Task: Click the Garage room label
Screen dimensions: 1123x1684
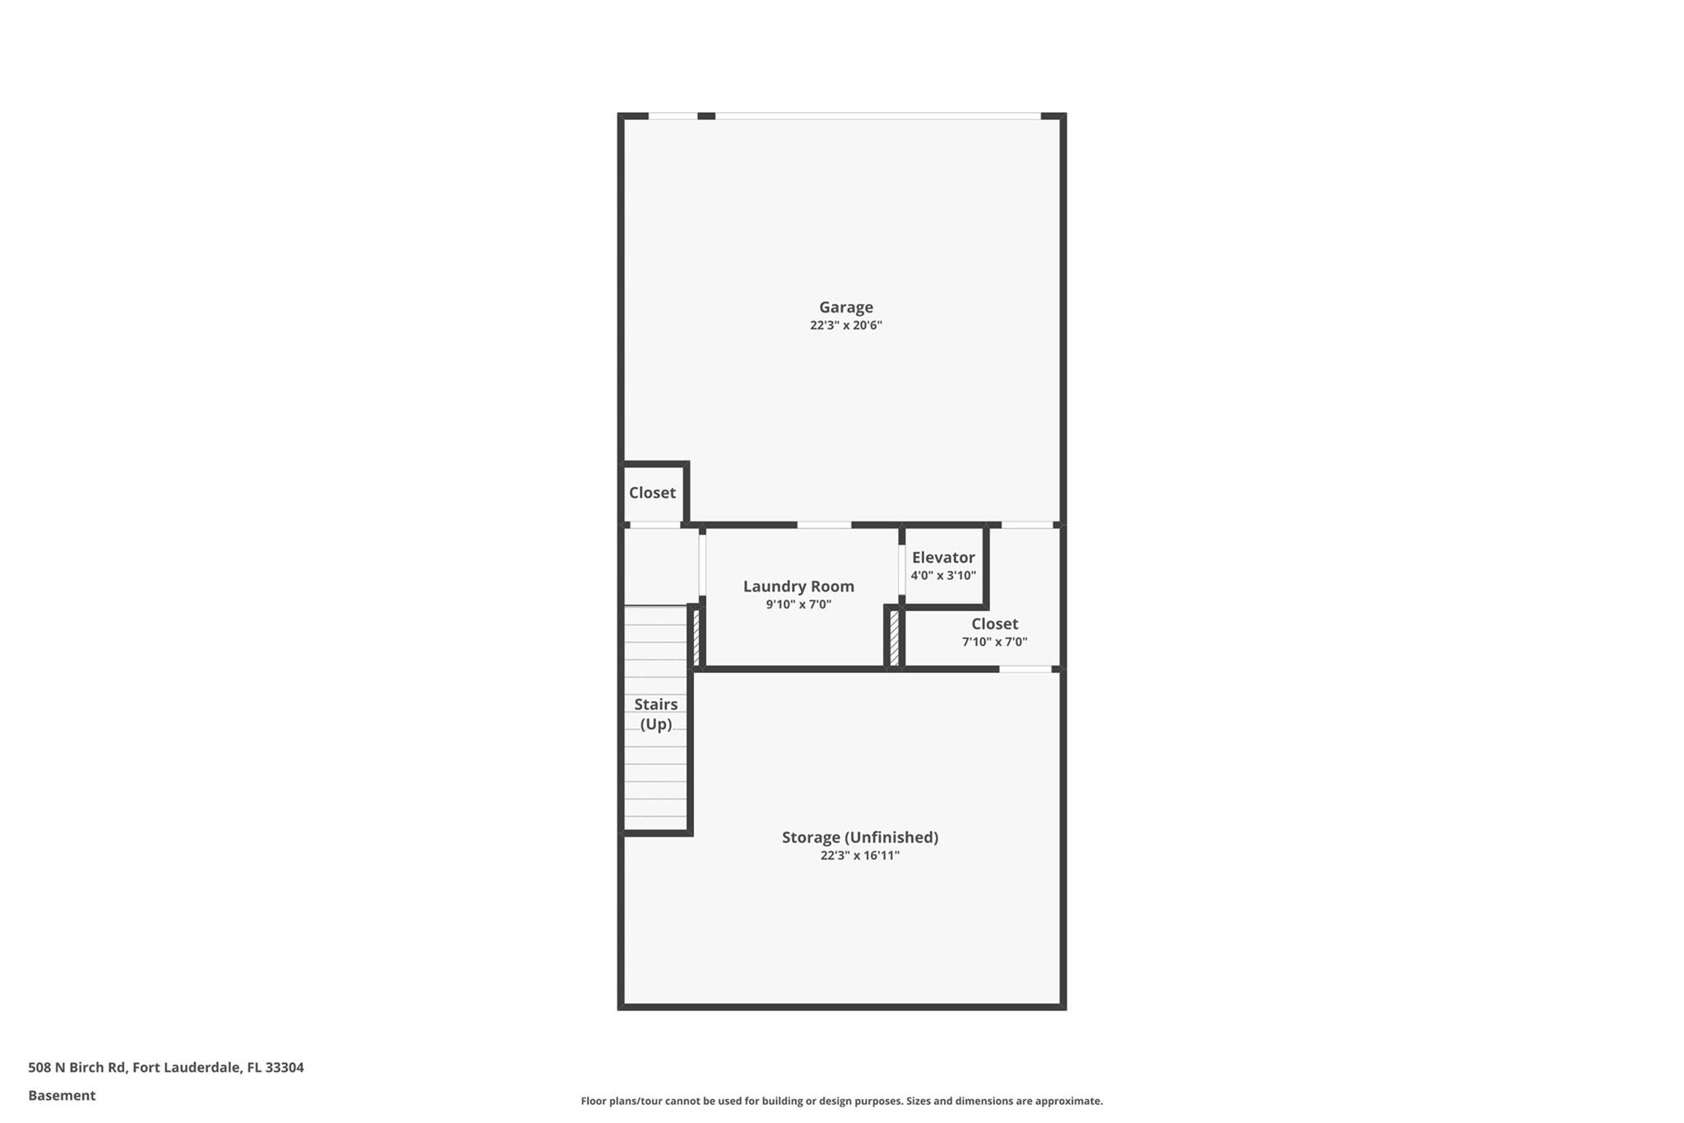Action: [x=845, y=307]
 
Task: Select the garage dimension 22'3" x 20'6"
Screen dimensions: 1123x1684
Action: [x=845, y=326]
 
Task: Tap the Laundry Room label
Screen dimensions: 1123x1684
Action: [x=798, y=586]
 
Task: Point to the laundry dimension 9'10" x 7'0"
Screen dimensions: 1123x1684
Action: [x=798, y=605]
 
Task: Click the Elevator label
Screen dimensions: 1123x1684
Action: [x=943, y=557]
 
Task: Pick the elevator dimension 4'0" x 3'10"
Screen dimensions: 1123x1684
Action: [x=943, y=576]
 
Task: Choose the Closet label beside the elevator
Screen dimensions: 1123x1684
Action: [x=994, y=624]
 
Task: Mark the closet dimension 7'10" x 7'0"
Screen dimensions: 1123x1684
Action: [x=994, y=643]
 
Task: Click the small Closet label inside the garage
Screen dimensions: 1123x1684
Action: [x=652, y=493]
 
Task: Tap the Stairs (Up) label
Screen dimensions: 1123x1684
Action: [x=655, y=714]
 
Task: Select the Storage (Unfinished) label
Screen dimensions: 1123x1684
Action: [x=859, y=837]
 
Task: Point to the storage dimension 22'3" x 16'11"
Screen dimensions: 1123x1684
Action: [x=859, y=856]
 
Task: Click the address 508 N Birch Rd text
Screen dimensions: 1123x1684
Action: [x=165, y=1067]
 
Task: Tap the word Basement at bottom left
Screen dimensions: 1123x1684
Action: [x=62, y=1095]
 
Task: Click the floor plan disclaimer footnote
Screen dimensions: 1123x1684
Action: [x=841, y=1101]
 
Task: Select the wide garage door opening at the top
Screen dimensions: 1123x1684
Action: [x=877, y=116]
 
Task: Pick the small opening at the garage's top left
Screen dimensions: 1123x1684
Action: [x=673, y=116]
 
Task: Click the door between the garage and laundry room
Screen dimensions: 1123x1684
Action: [x=824, y=525]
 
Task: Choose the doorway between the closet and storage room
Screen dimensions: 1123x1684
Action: [x=1025, y=669]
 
